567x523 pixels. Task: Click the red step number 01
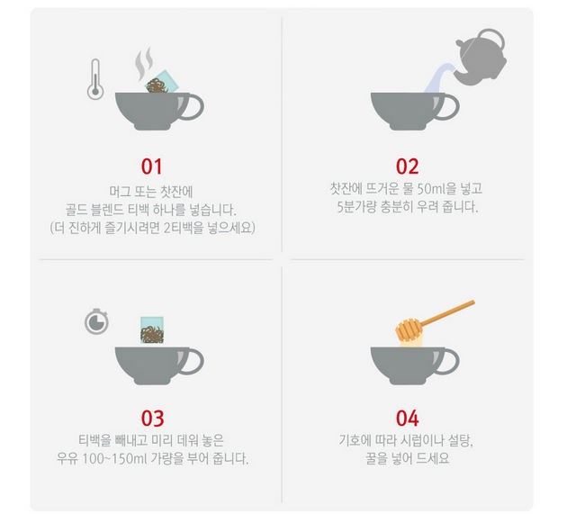tap(151, 167)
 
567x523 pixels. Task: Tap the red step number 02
tap(407, 167)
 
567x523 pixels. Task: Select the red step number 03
tap(152, 419)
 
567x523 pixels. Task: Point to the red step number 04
tap(407, 419)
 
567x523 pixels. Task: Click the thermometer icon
tap(95, 79)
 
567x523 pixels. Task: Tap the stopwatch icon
tap(96, 321)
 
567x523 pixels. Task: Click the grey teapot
tap(481, 57)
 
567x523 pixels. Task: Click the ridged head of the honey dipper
tap(409, 329)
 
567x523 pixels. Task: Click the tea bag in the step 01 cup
tap(162, 82)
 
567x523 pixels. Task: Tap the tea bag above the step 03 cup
tap(152, 330)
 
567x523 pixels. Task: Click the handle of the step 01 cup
tap(193, 107)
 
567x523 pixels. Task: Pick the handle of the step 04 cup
tap(449, 361)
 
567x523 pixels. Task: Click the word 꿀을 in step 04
tap(376, 458)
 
